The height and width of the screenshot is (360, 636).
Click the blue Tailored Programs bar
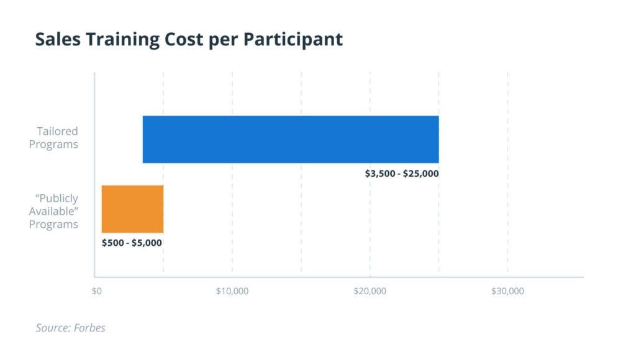[291, 139]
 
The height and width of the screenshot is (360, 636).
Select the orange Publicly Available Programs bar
[132, 209]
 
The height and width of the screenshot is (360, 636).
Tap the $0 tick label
[96, 291]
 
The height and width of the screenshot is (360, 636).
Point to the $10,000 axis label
[232, 291]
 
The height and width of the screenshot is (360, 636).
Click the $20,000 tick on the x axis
[370, 291]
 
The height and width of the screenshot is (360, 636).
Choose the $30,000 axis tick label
[507, 291]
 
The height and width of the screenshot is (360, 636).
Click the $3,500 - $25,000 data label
[401, 174]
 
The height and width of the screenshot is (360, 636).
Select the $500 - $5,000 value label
[132, 243]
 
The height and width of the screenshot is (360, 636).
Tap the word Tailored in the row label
[57, 132]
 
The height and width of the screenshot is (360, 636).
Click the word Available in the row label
[53, 211]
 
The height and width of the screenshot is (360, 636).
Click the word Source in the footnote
[51, 328]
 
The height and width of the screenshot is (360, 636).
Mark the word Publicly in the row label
[57, 199]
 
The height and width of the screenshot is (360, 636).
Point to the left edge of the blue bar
[144, 139]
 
